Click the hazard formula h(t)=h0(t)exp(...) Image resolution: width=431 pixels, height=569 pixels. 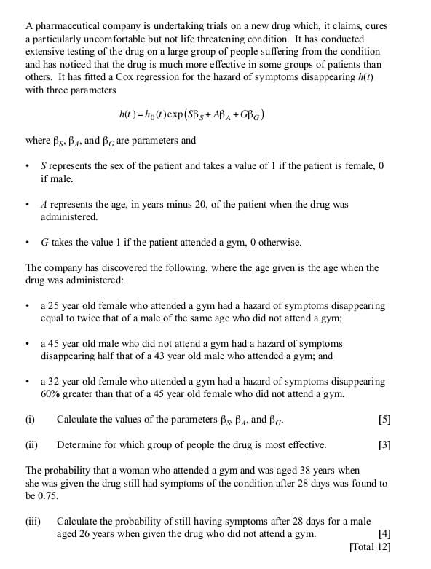[x=191, y=115]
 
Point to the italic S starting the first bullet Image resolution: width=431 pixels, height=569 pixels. [x=43, y=166]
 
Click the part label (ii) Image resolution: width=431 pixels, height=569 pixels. [x=31, y=444]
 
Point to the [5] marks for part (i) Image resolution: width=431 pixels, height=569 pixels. [x=384, y=420]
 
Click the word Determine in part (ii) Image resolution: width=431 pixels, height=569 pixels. [x=79, y=444]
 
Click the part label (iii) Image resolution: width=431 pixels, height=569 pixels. [x=32, y=522]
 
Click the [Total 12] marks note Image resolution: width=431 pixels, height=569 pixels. [x=370, y=546]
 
